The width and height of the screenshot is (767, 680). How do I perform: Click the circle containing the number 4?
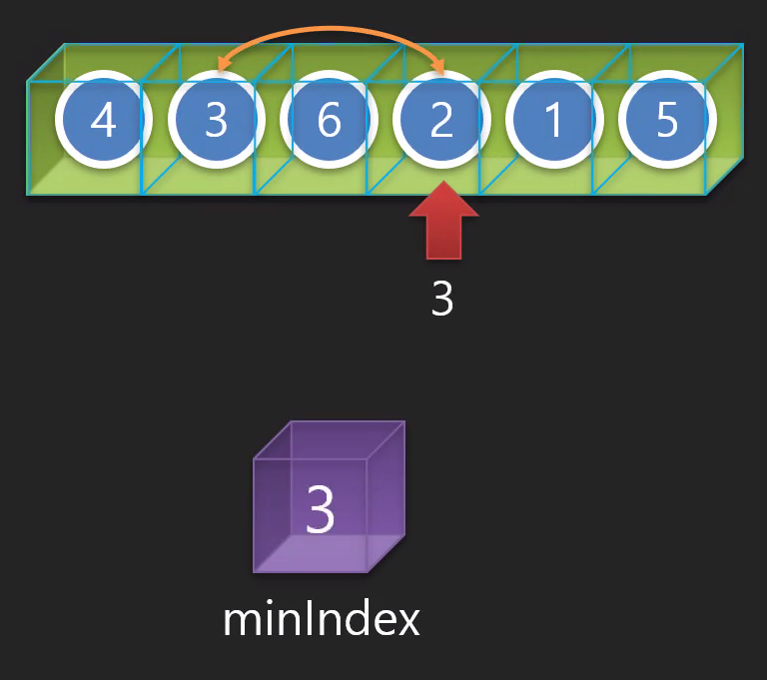click(103, 121)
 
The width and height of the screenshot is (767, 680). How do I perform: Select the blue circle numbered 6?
click(329, 121)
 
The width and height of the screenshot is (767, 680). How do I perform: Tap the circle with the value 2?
click(441, 121)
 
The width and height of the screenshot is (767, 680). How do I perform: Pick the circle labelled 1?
click(554, 121)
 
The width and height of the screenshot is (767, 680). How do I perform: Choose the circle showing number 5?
click(667, 121)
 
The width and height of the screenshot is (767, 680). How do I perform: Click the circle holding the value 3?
click(216, 121)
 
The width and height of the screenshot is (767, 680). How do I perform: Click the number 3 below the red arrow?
click(442, 299)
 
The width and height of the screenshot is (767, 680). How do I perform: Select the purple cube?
click(329, 497)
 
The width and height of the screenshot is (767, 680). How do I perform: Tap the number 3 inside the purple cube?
click(320, 510)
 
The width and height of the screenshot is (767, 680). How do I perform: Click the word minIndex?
click(322, 620)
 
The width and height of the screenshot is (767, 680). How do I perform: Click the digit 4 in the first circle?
click(103, 121)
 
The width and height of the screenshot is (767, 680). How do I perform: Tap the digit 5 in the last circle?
click(667, 121)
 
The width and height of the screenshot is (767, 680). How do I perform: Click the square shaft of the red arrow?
click(442, 238)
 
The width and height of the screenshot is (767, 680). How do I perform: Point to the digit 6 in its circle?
click(329, 121)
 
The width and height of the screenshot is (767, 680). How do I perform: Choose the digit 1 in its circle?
click(554, 121)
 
